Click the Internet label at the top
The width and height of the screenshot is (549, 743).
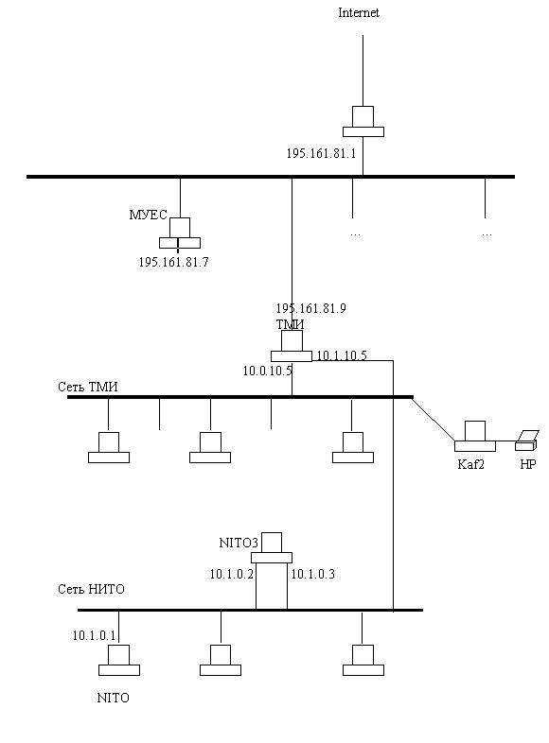(x=358, y=13)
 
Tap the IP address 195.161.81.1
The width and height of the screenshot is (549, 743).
(x=321, y=153)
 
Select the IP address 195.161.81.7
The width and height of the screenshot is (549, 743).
(x=173, y=262)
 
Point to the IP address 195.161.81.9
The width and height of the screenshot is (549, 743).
(x=310, y=308)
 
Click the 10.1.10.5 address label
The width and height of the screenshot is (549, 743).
(x=342, y=355)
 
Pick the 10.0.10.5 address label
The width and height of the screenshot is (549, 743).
(x=268, y=371)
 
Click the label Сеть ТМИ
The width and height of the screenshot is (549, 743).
(x=88, y=388)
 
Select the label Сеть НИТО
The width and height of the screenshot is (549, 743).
(x=91, y=590)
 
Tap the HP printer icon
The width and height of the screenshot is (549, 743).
(x=526, y=441)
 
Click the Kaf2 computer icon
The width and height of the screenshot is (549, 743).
(x=475, y=436)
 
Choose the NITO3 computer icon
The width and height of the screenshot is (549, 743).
(x=272, y=547)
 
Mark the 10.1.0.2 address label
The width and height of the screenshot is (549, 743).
(x=232, y=575)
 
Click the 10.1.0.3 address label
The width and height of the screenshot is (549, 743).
(x=312, y=575)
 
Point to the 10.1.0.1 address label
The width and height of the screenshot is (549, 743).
(x=94, y=636)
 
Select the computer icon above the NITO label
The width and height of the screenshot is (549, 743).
(x=119, y=660)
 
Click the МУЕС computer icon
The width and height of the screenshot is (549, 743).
(x=180, y=233)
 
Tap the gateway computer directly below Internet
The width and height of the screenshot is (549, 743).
(x=363, y=121)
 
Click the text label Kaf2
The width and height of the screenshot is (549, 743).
(x=470, y=464)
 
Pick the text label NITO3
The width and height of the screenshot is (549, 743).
(x=239, y=543)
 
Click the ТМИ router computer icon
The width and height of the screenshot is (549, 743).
(x=292, y=346)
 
